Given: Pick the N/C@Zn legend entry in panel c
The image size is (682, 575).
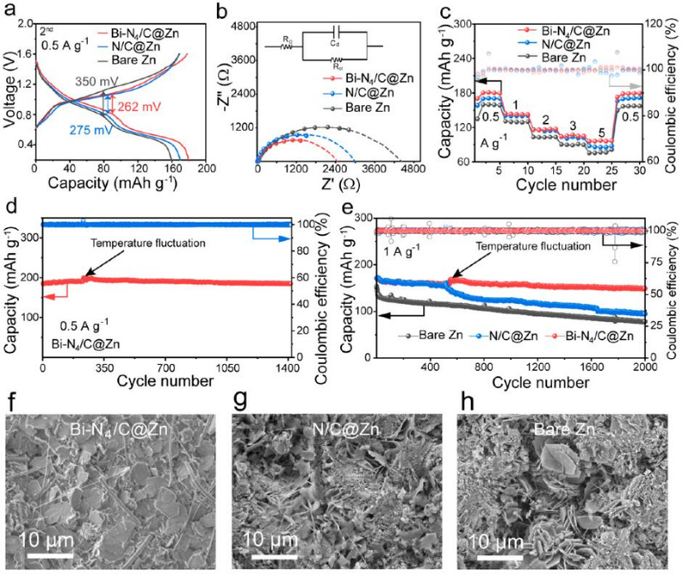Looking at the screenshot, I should point(554,44).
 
